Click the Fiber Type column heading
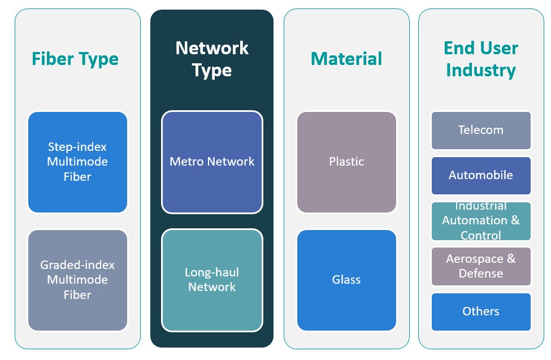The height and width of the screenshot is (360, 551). pyautogui.click(x=75, y=59)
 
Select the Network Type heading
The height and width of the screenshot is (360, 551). pyautogui.click(x=212, y=59)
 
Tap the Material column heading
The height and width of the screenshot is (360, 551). pyautogui.click(x=346, y=59)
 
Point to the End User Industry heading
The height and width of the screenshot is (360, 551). pyautogui.click(x=481, y=59)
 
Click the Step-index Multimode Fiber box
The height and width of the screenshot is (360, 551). pyautogui.click(x=77, y=162)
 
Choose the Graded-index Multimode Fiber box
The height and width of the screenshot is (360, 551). pyautogui.click(x=77, y=280)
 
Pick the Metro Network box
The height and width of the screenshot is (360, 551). pyautogui.click(x=212, y=162)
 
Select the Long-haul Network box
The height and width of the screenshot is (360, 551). pyautogui.click(x=212, y=280)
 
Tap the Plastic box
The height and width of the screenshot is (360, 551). pyautogui.click(x=346, y=162)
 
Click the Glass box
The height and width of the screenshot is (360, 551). pyautogui.click(x=346, y=280)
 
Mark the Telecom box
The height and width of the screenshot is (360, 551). pyautogui.click(x=481, y=130)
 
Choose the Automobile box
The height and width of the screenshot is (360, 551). pyautogui.click(x=481, y=175)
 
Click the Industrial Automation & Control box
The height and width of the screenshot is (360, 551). pyautogui.click(x=481, y=220)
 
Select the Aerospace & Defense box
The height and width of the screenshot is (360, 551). pyautogui.click(x=481, y=266)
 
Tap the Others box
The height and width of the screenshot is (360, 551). pyautogui.click(x=481, y=311)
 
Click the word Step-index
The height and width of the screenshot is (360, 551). pyautogui.click(x=77, y=147)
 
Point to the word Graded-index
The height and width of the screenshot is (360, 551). pyautogui.click(x=77, y=265)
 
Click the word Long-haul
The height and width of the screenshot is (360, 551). pyautogui.click(x=212, y=272)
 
